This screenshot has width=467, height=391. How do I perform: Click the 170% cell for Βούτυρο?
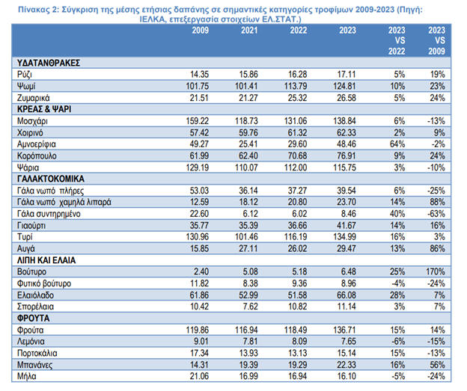[436, 271]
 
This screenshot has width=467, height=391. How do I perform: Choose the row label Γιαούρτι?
[30, 224]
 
